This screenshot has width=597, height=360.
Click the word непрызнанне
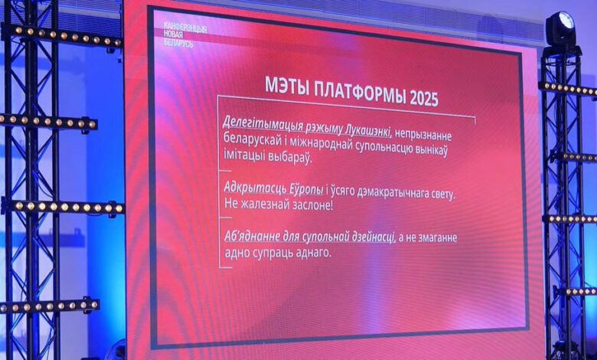423,136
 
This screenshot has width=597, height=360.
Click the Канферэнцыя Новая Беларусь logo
185,34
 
